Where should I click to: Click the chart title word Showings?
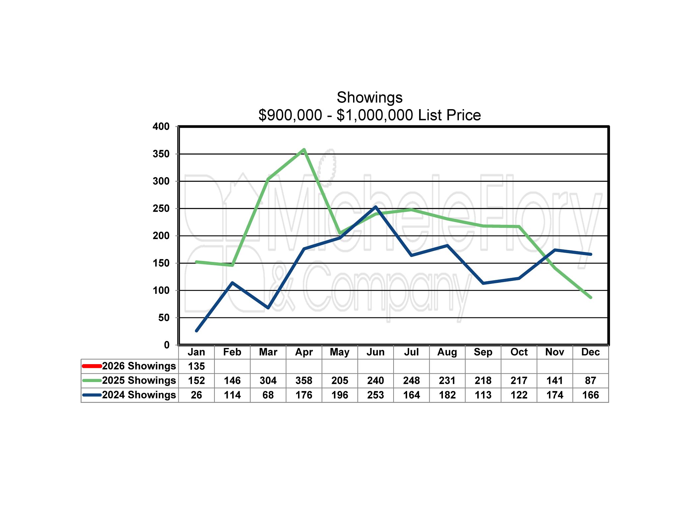point(369,98)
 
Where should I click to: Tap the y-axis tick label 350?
point(161,154)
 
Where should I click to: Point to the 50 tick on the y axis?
point(163,318)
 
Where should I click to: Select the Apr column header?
point(304,352)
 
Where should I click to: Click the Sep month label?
point(483,352)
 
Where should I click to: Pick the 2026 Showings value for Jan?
point(196,366)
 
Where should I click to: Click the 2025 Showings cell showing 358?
point(304,380)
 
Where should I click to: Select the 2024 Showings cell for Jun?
point(375,395)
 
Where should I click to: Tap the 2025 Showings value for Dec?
point(590,380)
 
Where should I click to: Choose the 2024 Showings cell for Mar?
point(268,395)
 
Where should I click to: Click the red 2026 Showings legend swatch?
point(92,366)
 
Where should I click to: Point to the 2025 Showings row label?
point(139,380)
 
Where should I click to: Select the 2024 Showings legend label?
point(139,395)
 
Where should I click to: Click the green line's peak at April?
point(304,150)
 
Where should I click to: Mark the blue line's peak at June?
point(376,207)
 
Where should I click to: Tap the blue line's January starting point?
point(197,331)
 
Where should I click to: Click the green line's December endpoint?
point(590,297)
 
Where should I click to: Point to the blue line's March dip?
point(268,308)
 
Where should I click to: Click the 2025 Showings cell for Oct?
point(519,380)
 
